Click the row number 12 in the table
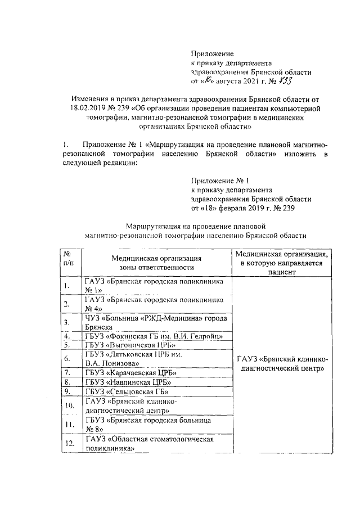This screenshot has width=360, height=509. pos(70,444)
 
